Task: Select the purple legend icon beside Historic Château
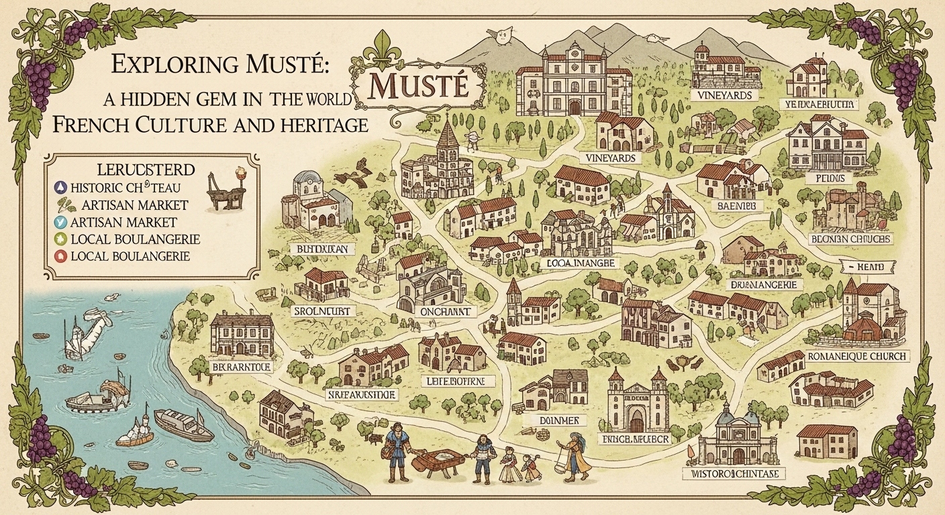(59, 188)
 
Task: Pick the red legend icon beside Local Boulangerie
(59, 255)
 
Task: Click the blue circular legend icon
(59, 222)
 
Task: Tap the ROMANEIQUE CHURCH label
(856, 356)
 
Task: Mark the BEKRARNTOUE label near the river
(240, 368)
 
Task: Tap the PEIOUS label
(830, 179)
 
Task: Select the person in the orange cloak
(576, 456)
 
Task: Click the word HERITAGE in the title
(321, 125)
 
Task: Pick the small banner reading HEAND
(870, 268)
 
